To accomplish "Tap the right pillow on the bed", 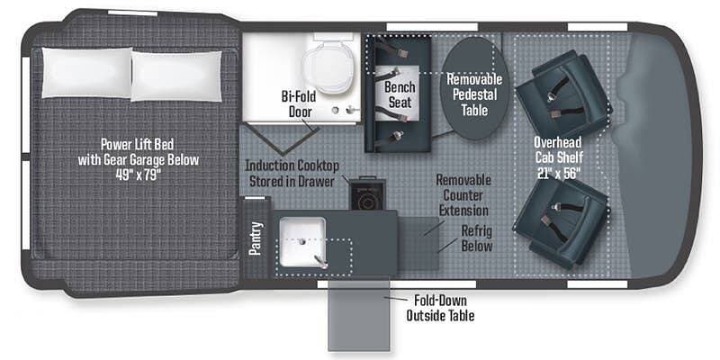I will (x=176, y=68).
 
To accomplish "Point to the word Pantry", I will (x=256, y=238).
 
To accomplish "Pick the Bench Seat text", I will (x=399, y=95).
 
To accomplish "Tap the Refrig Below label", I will (x=476, y=238).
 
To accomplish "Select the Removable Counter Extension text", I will (x=463, y=194).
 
